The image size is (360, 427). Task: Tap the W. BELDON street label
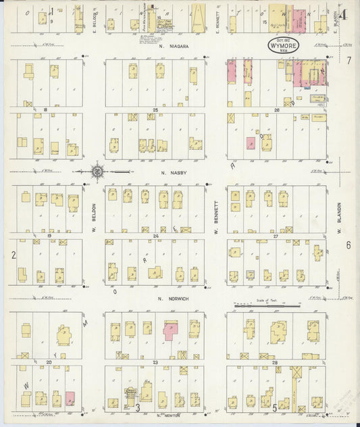pyautogui.click(x=94, y=218)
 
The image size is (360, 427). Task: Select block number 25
pyautogui.click(x=155, y=109)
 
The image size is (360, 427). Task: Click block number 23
pyautogui.click(x=155, y=362)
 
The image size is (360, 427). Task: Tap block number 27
pyautogui.click(x=276, y=235)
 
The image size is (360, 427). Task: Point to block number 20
pyautogui.click(x=49, y=362)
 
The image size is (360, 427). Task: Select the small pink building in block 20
pyautogui.click(x=70, y=398)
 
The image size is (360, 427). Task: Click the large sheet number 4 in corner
pyautogui.click(x=345, y=15)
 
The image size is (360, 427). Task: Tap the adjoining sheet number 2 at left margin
pyautogui.click(x=13, y=254)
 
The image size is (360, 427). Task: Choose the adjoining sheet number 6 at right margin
pyautogui.click(x=349, y=245)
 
